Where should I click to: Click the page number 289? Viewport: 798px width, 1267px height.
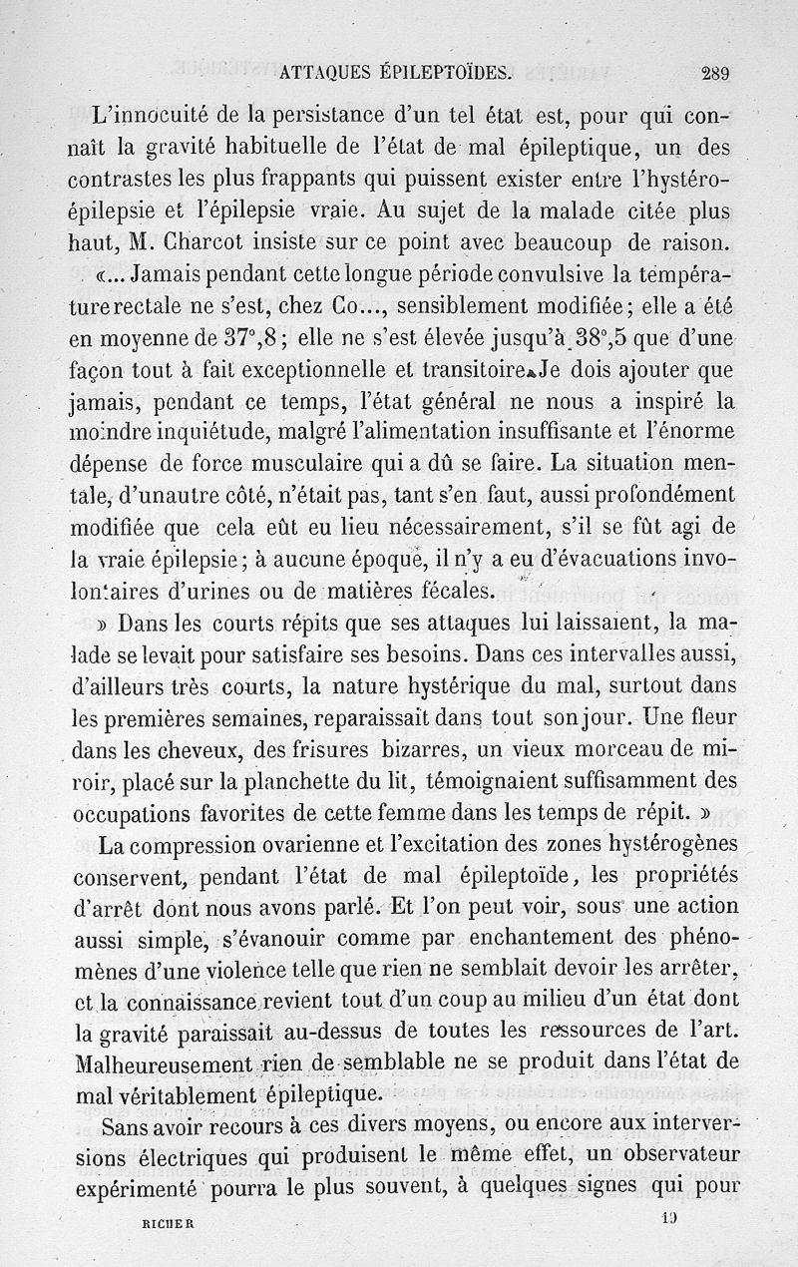(x=715, y=71)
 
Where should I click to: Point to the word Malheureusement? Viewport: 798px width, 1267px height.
(x=167, y=1063)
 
